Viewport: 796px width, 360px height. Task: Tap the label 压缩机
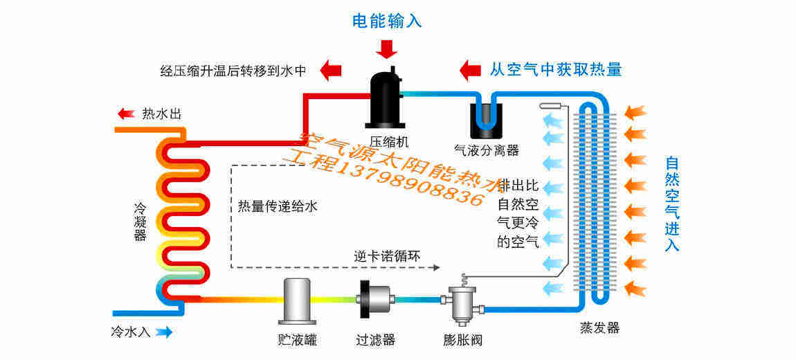click(x=385, y=141)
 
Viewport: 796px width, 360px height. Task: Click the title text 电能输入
click(x=387, y=21)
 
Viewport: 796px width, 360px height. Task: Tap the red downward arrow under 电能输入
click(x=387, y=48)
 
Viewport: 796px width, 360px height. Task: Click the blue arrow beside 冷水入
click(x=164, y=332)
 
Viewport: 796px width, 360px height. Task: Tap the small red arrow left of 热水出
click(x=126, y=114)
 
